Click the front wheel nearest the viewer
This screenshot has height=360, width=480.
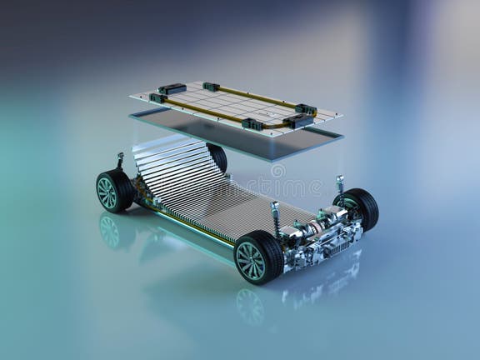pos(257,257)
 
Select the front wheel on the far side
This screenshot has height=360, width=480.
pos(360,207)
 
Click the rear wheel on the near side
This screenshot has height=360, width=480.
pos(113,191)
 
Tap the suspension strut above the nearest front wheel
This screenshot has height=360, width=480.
pos(275,218)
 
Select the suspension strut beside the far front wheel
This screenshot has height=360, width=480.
pos(340,191)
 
